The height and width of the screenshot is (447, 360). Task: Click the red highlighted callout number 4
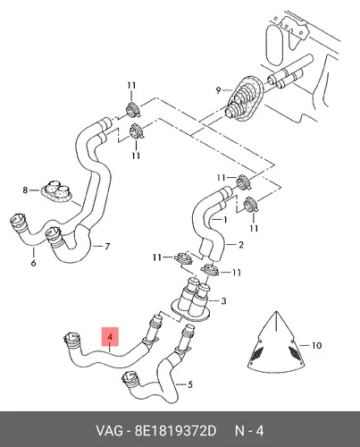click(x=110, y=337)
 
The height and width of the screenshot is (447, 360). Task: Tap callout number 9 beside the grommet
click(x=218, y=90)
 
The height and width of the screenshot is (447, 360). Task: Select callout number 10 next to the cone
click(x=317, y=345)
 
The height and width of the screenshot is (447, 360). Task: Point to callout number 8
click(x=25, y=190)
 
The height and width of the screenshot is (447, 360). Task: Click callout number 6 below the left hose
click(x=33, y=263)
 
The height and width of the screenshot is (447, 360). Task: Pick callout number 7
click(x=107, y=247)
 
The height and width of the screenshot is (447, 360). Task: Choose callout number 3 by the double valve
click(x=223, y=301)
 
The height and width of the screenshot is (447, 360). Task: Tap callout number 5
click(x=190, y=384)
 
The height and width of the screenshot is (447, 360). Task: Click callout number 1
click(x=225, y=220)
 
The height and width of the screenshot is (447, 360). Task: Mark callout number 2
click(x=241, y=245)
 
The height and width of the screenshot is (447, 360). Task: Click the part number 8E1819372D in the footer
click(x=175, y=431)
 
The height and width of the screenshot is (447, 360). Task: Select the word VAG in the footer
click(x=109, y=431)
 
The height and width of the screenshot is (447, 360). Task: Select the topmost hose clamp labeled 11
click(x=133, y=109)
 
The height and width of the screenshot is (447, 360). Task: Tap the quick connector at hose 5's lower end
click(x=130, y=378)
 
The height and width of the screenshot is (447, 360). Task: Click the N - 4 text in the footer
click(x=249, y=431)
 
